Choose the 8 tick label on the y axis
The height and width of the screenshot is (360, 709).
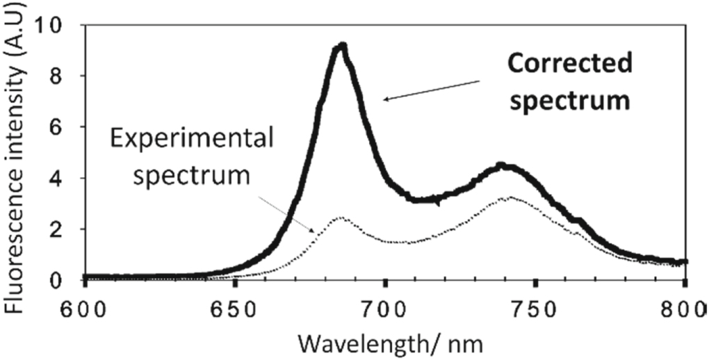coord(67,76)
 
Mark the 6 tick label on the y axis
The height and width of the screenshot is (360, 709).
coord(67,127)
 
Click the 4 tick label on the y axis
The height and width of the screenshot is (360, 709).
coord(67,178)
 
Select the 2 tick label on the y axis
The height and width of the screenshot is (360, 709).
coord(67,229)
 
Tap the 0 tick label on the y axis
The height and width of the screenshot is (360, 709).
coord(67,279)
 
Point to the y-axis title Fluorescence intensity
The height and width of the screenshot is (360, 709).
coord(21,146)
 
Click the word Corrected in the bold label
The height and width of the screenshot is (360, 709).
coord(569,65)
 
